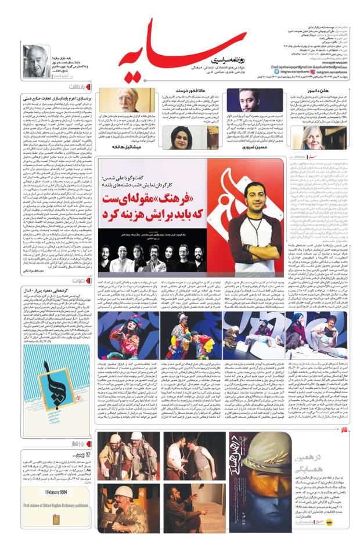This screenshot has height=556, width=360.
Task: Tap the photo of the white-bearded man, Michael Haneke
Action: (x=126, y=101)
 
